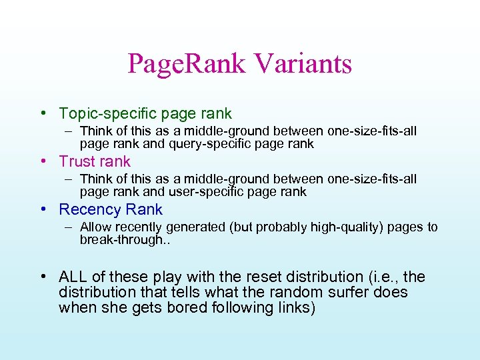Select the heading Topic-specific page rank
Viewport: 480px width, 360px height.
click(x=145, y=114)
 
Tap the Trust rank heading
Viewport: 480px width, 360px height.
click(x=95, y=162)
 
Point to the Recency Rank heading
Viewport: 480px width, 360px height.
click(x=111, y=210)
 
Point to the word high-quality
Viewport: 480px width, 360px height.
click(x=302, y=227)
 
